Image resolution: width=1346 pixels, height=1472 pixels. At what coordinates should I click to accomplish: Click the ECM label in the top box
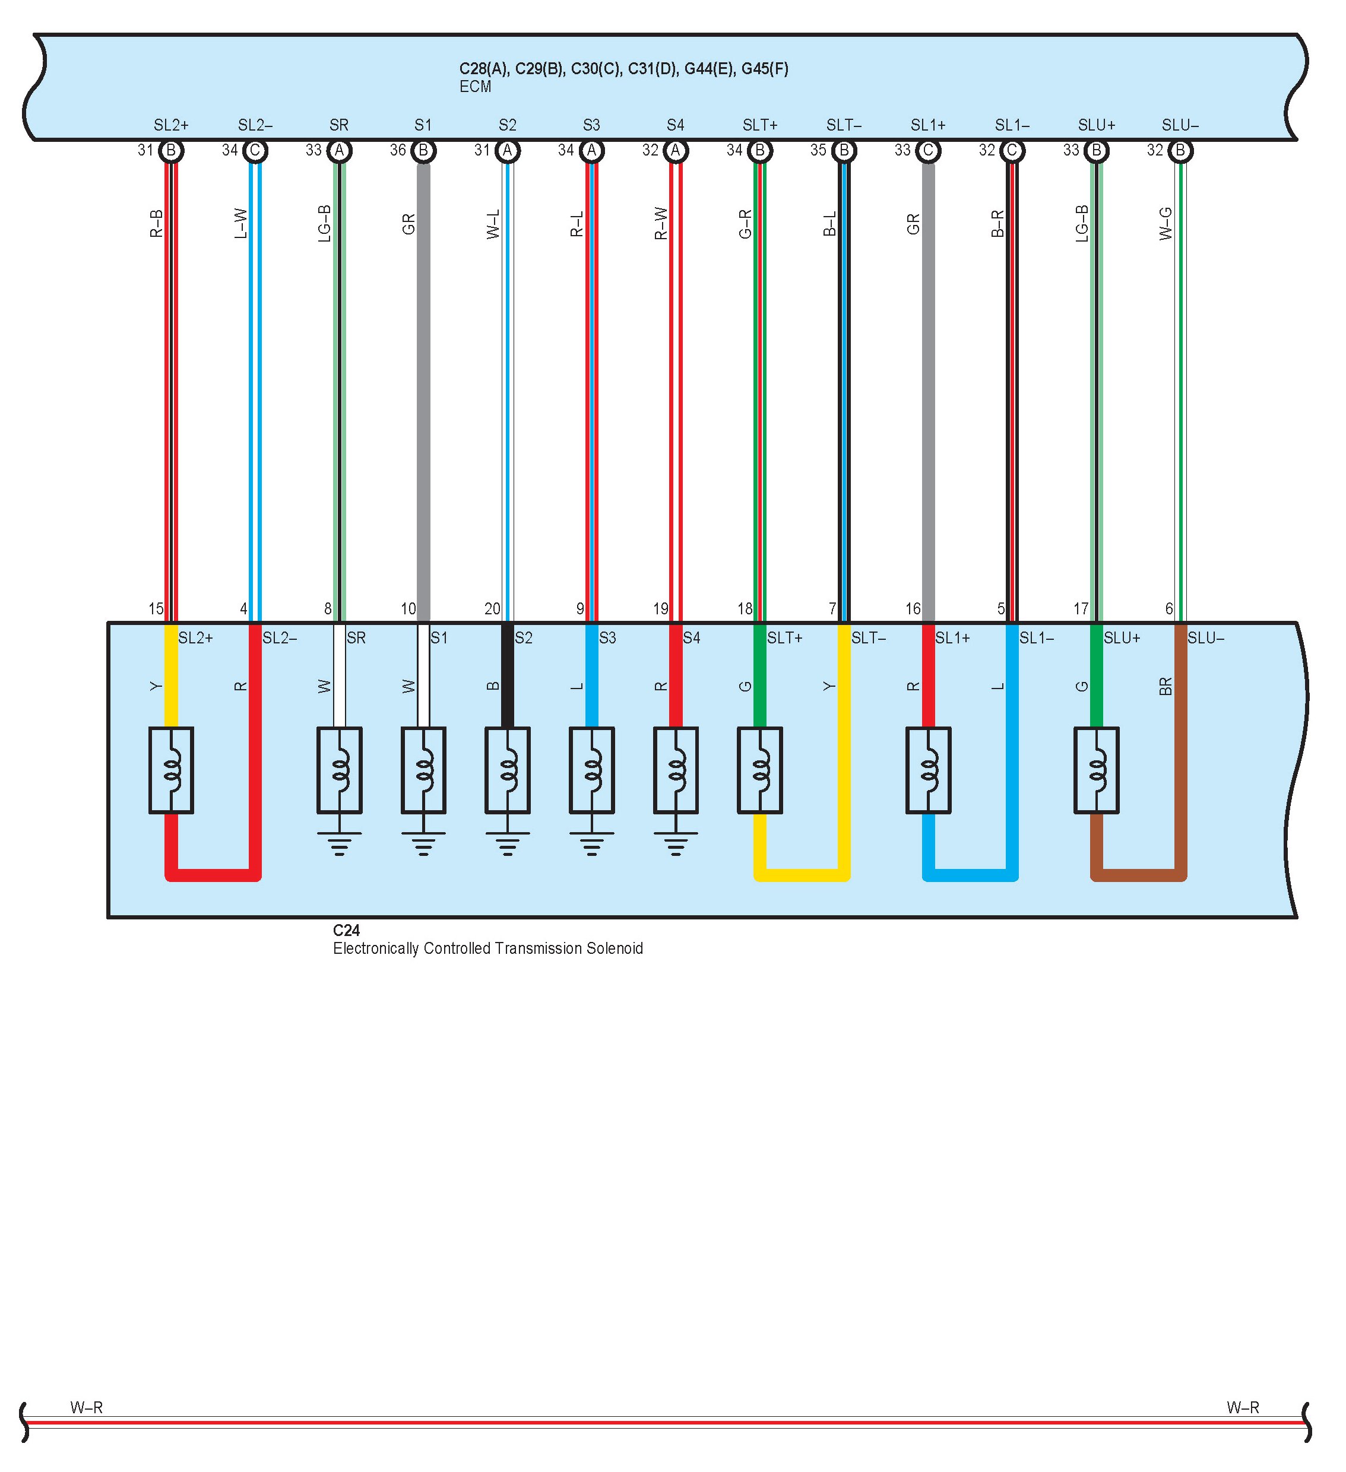(475, 87)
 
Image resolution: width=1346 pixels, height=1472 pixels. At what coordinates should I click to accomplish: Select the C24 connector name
(346, 930)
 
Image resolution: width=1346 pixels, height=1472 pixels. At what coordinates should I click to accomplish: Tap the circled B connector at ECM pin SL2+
(171, 150)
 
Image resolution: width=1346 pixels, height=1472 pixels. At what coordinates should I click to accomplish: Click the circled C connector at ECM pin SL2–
(255, 150)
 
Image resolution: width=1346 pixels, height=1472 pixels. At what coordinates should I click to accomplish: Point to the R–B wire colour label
(156, 223)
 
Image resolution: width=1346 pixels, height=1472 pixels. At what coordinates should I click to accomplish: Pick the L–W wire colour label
(240, 223)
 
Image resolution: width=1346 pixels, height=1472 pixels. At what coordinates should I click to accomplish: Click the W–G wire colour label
(1166, 223)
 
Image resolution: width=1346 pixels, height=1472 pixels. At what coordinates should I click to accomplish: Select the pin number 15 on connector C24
(156, 608)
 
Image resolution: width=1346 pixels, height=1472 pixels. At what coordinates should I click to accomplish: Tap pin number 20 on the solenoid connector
(492, 608)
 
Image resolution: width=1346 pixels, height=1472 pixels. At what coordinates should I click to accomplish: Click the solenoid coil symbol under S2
(508, 770)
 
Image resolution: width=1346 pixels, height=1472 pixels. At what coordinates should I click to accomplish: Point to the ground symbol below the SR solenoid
(340, 843)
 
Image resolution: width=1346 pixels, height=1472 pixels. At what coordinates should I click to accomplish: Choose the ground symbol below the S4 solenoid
(676, 843)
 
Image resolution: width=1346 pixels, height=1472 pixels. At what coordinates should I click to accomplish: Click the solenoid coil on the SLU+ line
(1096, 770)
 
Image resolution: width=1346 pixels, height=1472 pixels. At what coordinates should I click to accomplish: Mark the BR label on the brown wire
(1166, 686)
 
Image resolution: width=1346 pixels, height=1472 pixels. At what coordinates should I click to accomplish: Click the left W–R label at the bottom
(86, 1407)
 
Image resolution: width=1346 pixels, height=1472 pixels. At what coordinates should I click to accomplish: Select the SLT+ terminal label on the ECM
(759, 125)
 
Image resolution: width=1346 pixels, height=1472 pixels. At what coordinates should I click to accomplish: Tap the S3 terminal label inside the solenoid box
(607, 638)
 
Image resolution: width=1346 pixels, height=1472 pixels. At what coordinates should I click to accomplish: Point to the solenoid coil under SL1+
(928, 770)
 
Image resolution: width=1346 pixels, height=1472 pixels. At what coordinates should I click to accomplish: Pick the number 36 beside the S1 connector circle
(397, 150)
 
